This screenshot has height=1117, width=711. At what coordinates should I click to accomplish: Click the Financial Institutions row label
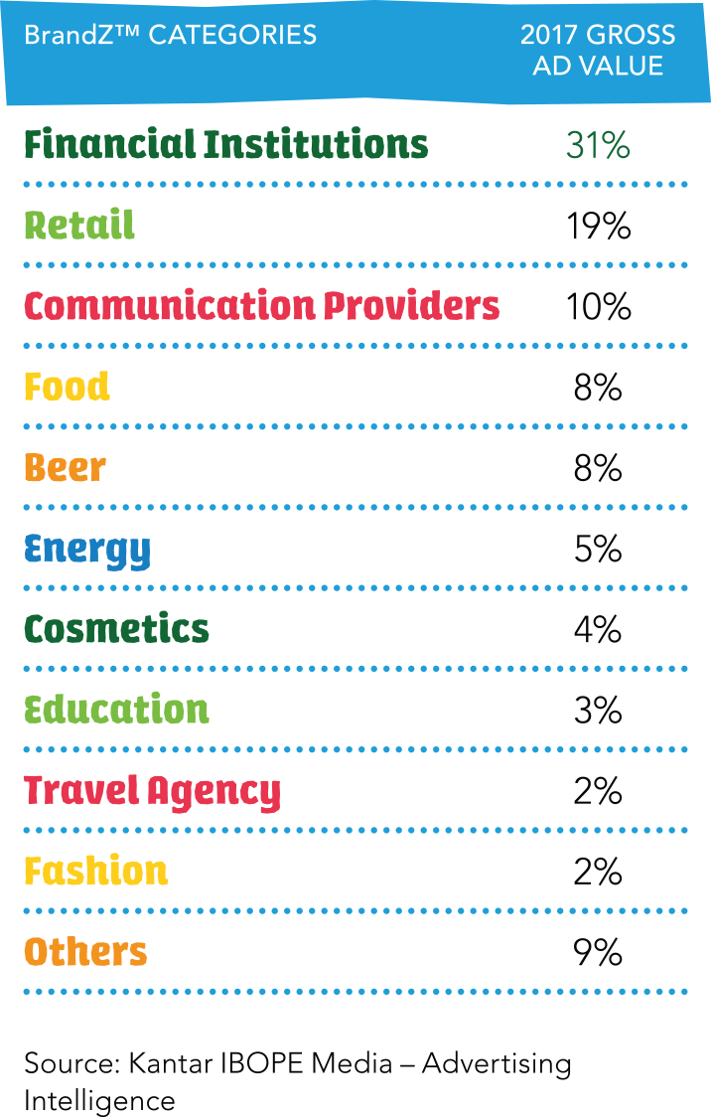coord(226,145)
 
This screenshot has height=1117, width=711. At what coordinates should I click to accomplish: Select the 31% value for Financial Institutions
coord(598,145)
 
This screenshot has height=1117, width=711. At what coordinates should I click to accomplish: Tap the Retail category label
coord(79,226)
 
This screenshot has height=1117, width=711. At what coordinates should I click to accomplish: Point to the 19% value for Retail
coord(598,227)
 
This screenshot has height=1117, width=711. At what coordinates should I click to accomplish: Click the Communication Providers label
coord(262,306)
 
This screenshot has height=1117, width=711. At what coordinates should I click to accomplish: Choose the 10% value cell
coord(598,307)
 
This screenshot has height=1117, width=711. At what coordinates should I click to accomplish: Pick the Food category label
coord(67,387)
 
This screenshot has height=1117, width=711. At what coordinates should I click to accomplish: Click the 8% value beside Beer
coord(598,468)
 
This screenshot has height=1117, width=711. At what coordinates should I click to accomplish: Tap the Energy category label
coord(87,550)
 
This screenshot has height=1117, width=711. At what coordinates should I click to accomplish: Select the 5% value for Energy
coord(598,549)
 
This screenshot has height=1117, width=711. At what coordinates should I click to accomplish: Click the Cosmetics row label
coord(116,629)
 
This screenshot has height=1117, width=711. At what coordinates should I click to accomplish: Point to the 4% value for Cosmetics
coord(598,629)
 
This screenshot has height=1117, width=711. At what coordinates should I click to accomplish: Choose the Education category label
coord(116,710)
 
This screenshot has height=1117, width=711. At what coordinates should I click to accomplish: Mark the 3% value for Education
coord(598,710)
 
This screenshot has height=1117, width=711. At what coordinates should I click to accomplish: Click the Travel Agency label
coord(152,791)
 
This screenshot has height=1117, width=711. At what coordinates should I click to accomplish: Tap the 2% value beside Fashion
coord(598,872)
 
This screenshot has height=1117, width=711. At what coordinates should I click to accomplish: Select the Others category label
coord(85,952)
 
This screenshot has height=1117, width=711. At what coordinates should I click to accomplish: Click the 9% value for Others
coord(598,952)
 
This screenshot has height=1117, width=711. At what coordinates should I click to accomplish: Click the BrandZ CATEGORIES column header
coord(170,35)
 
